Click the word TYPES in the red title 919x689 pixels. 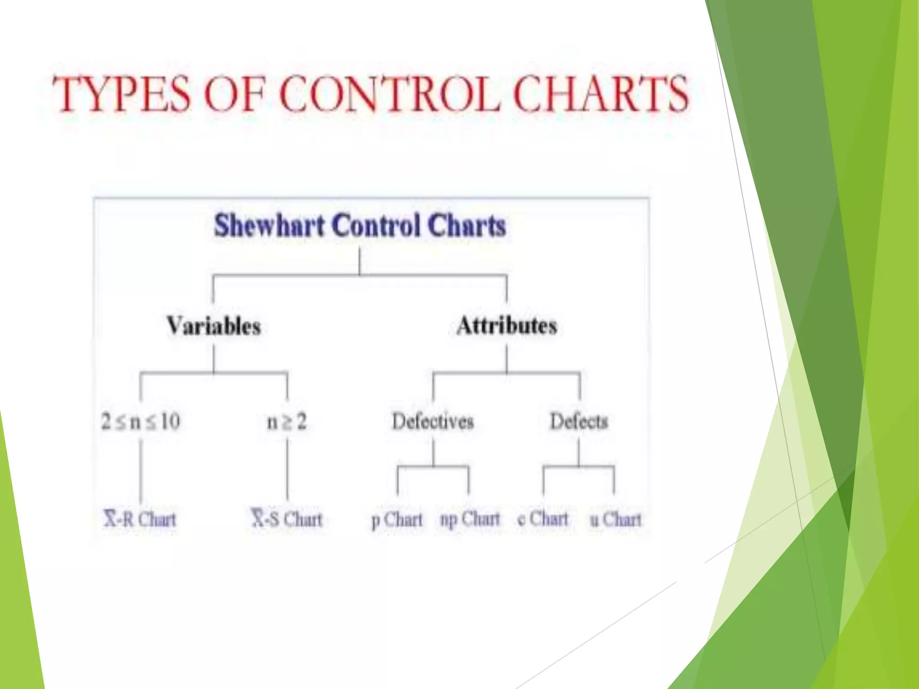click(121, 94)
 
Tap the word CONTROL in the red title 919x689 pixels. click(390, 94)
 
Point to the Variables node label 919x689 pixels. click(214, 326)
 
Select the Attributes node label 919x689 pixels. click(507, 326)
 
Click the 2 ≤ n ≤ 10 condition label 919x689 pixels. click(140, 422)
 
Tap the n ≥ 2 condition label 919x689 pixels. click(287, 422)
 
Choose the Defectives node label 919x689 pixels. click(433, 422)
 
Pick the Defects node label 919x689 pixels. click(579, 422)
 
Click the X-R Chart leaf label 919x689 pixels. click(140, 519)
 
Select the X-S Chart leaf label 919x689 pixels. click(287, 519)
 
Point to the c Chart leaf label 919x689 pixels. click(543, 519)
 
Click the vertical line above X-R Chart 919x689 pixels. click(140, 471)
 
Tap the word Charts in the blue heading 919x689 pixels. click(467, 225)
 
